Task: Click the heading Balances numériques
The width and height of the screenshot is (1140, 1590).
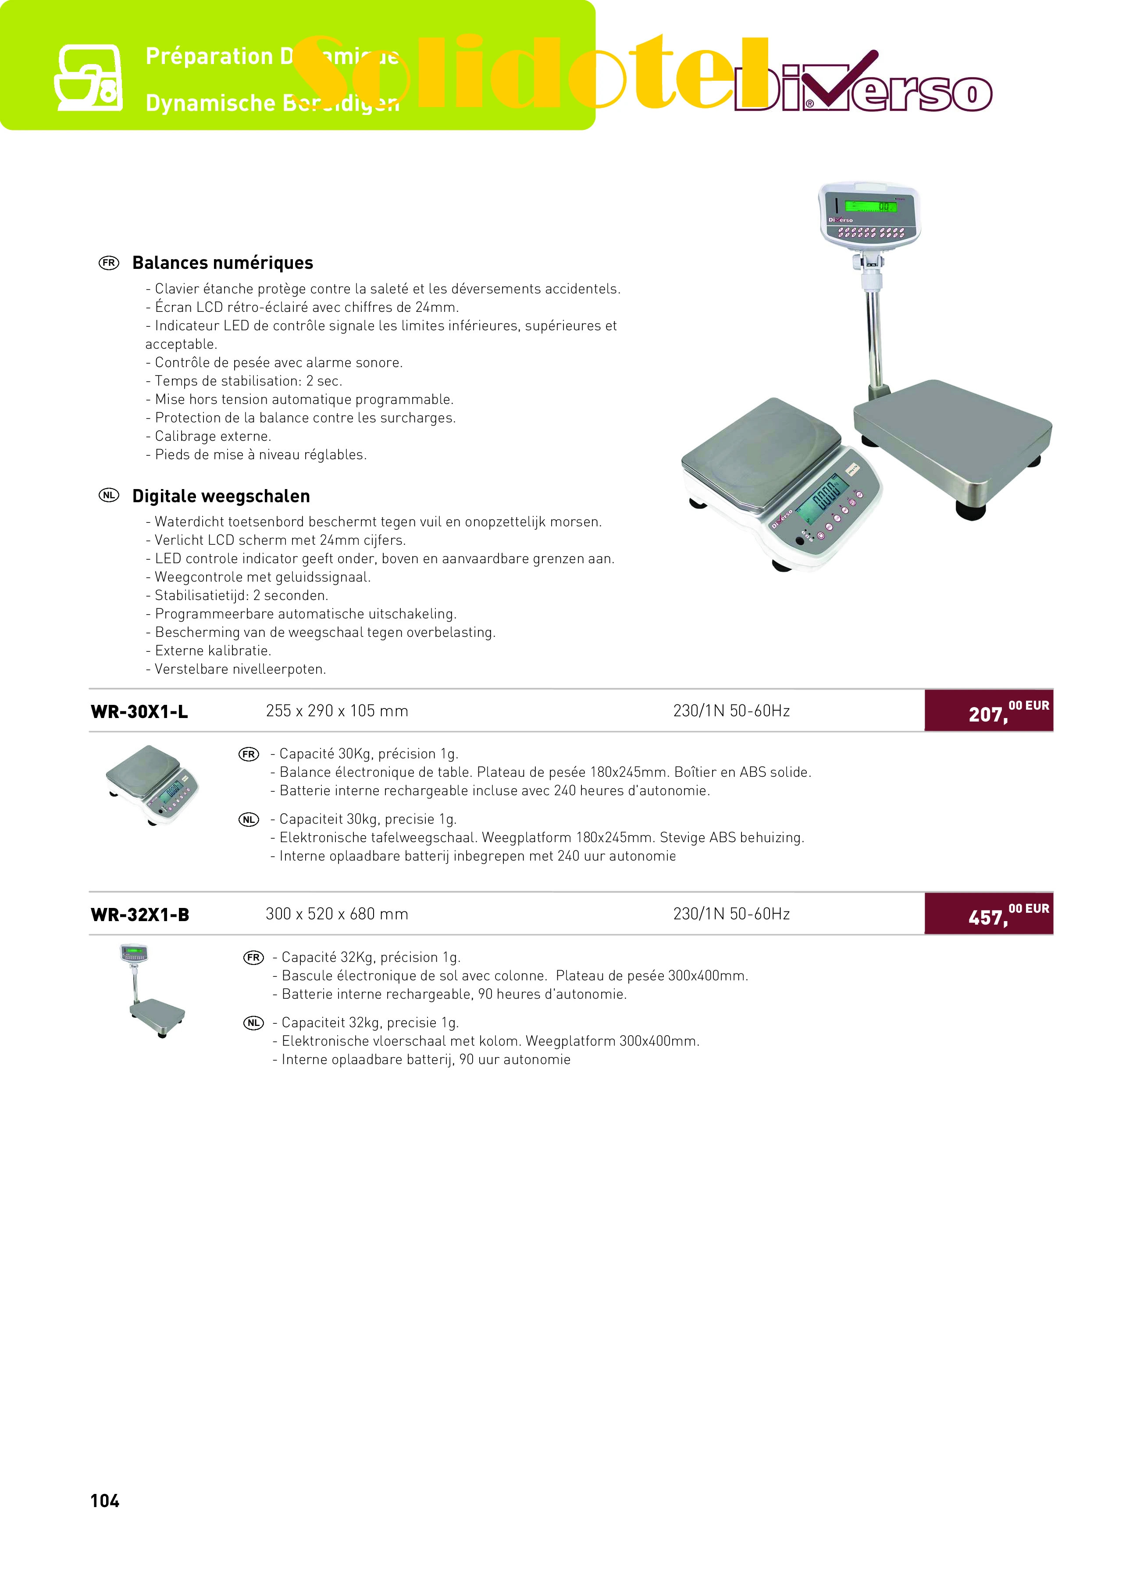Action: (222, 263)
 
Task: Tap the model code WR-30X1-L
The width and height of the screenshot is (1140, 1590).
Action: (139, 711)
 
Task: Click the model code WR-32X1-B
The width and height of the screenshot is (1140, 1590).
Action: (140, 915)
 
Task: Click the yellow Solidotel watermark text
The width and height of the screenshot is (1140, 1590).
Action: (533, 74)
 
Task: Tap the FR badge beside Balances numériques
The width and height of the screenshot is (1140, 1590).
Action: (109, 263)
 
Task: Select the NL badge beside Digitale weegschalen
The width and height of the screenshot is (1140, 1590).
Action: (109, 496)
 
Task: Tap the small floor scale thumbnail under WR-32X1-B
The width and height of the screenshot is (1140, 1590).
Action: (152, 990)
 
